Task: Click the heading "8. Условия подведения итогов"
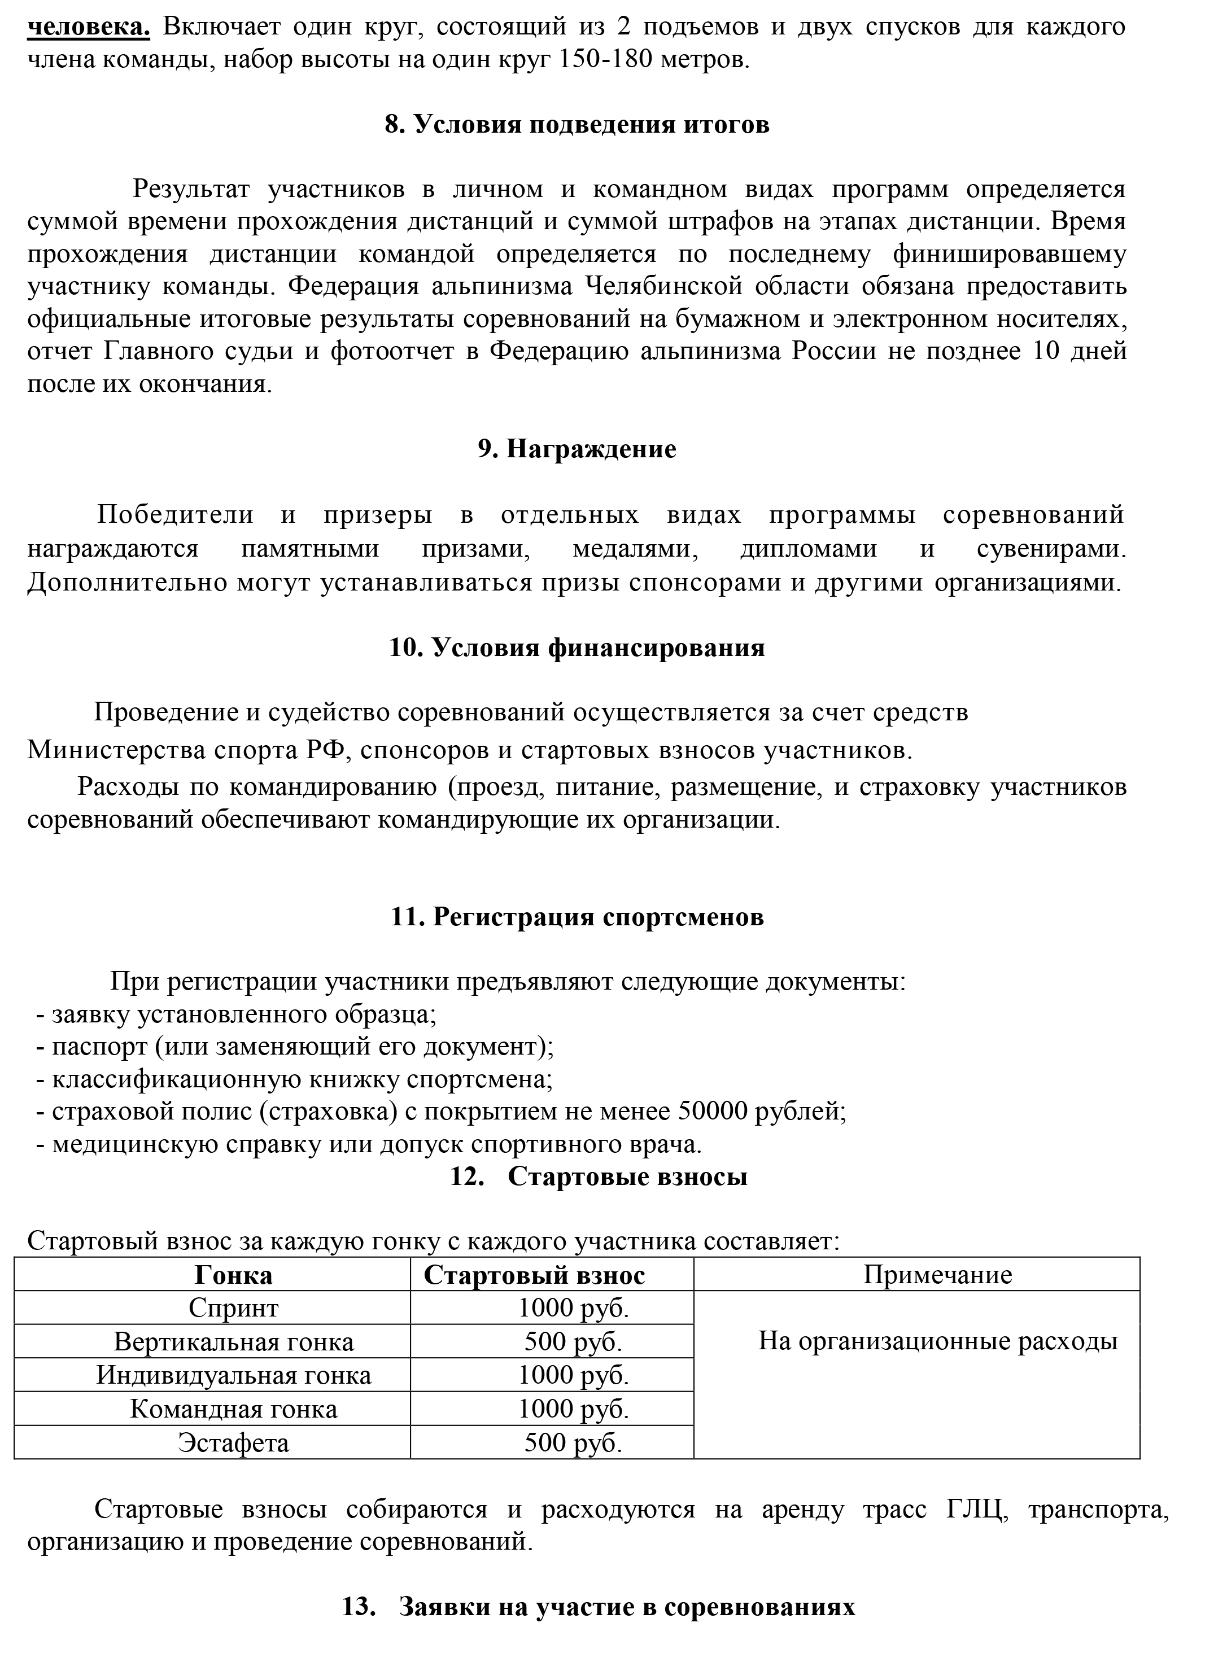tap(577, 125)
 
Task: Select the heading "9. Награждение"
tap(577, 449)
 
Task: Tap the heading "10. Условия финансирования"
tap(577, 648)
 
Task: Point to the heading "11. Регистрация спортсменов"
tap(577, 917)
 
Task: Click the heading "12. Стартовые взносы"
tap(598, 1177)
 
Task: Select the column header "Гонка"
tap(233, 1275)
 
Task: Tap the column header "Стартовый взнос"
tap(534, 1275)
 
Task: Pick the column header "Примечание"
tap(937, 1274)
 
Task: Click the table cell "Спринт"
tap(233, 1308)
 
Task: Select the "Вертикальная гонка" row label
tap(233, 1342)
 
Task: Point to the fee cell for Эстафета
tap(573, 1442)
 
